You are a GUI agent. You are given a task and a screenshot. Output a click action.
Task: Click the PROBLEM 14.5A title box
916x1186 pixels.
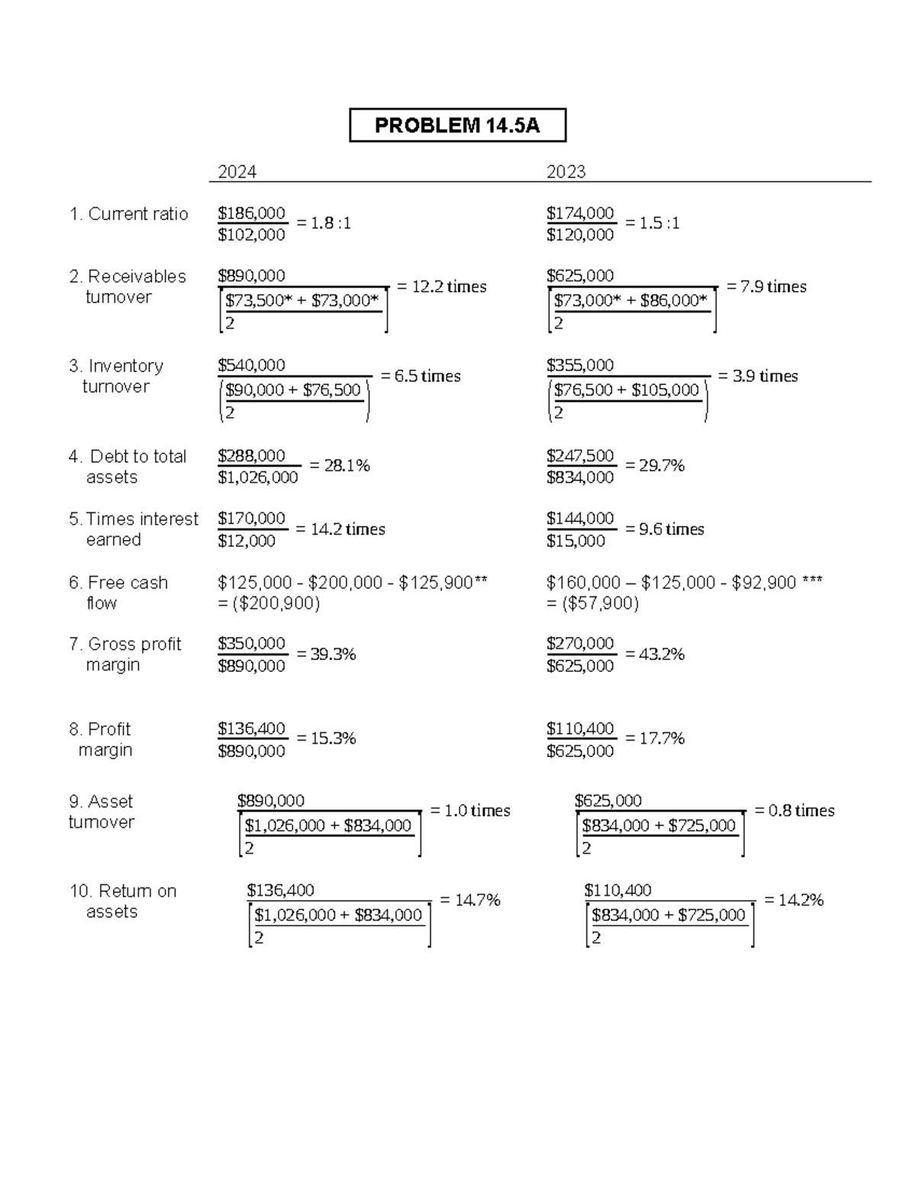click(x=457, y=125)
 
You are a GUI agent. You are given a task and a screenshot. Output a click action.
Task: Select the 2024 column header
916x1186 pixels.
click(x=237, y=172)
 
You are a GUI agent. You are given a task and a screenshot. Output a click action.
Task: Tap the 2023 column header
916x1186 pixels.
click(x=566, y=172)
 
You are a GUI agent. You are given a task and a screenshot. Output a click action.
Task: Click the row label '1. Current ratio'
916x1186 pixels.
click(x=128, y=214)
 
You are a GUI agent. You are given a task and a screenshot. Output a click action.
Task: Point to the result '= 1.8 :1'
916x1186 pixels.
click(x=324, y=223)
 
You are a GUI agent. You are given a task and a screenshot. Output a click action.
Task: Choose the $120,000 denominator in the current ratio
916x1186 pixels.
click(x=580, y=235)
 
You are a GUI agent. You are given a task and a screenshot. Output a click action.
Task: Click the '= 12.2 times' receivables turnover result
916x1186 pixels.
click(x=442, y=286)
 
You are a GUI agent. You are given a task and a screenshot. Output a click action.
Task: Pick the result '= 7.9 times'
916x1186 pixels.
click(x=766, y=286)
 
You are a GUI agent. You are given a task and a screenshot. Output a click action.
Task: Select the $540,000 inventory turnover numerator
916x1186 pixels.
click(x=251, y=365)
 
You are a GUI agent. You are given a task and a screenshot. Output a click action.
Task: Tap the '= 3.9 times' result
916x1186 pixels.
click(x=758, y=376)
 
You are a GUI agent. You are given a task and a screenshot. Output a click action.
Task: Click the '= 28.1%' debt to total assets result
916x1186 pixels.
click(x=340, y=465)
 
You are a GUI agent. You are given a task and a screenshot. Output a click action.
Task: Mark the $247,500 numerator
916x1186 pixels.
click(x=580, y=456)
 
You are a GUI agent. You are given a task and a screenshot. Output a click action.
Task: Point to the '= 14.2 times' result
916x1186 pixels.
click(x=340, y=529)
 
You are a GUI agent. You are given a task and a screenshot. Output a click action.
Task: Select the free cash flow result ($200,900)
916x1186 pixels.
click(x=269, y=603)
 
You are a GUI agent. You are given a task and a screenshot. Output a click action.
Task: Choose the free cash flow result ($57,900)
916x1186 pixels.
click(x=592, y=603)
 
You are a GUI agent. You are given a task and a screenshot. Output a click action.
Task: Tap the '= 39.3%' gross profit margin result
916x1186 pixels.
click(x=326, y=654)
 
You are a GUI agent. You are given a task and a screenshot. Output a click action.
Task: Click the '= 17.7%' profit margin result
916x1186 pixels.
click(x=655, y=738)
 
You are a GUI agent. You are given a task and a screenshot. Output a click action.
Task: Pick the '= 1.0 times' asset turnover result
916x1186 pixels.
click(x=470, y=810)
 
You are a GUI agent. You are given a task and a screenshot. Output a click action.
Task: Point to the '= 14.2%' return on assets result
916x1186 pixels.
click(x=794, y=900)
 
